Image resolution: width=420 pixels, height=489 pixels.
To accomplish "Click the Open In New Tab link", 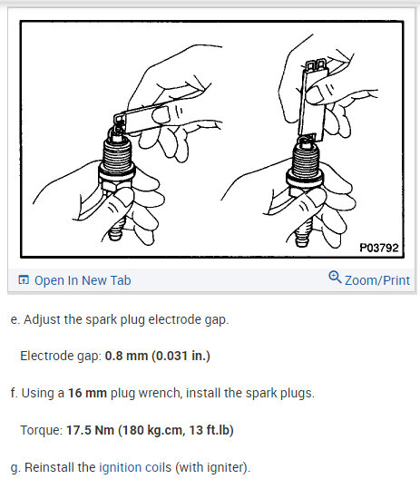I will tap(83, 280).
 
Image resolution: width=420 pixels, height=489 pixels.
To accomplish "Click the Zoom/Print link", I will tap(376, 280).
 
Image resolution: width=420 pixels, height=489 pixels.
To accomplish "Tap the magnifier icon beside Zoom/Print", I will tap(335, 279).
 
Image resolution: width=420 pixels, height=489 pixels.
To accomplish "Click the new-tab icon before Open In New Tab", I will tap(24, 280).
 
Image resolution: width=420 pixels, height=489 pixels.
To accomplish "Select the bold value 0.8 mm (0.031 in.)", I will tap(158, 355).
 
